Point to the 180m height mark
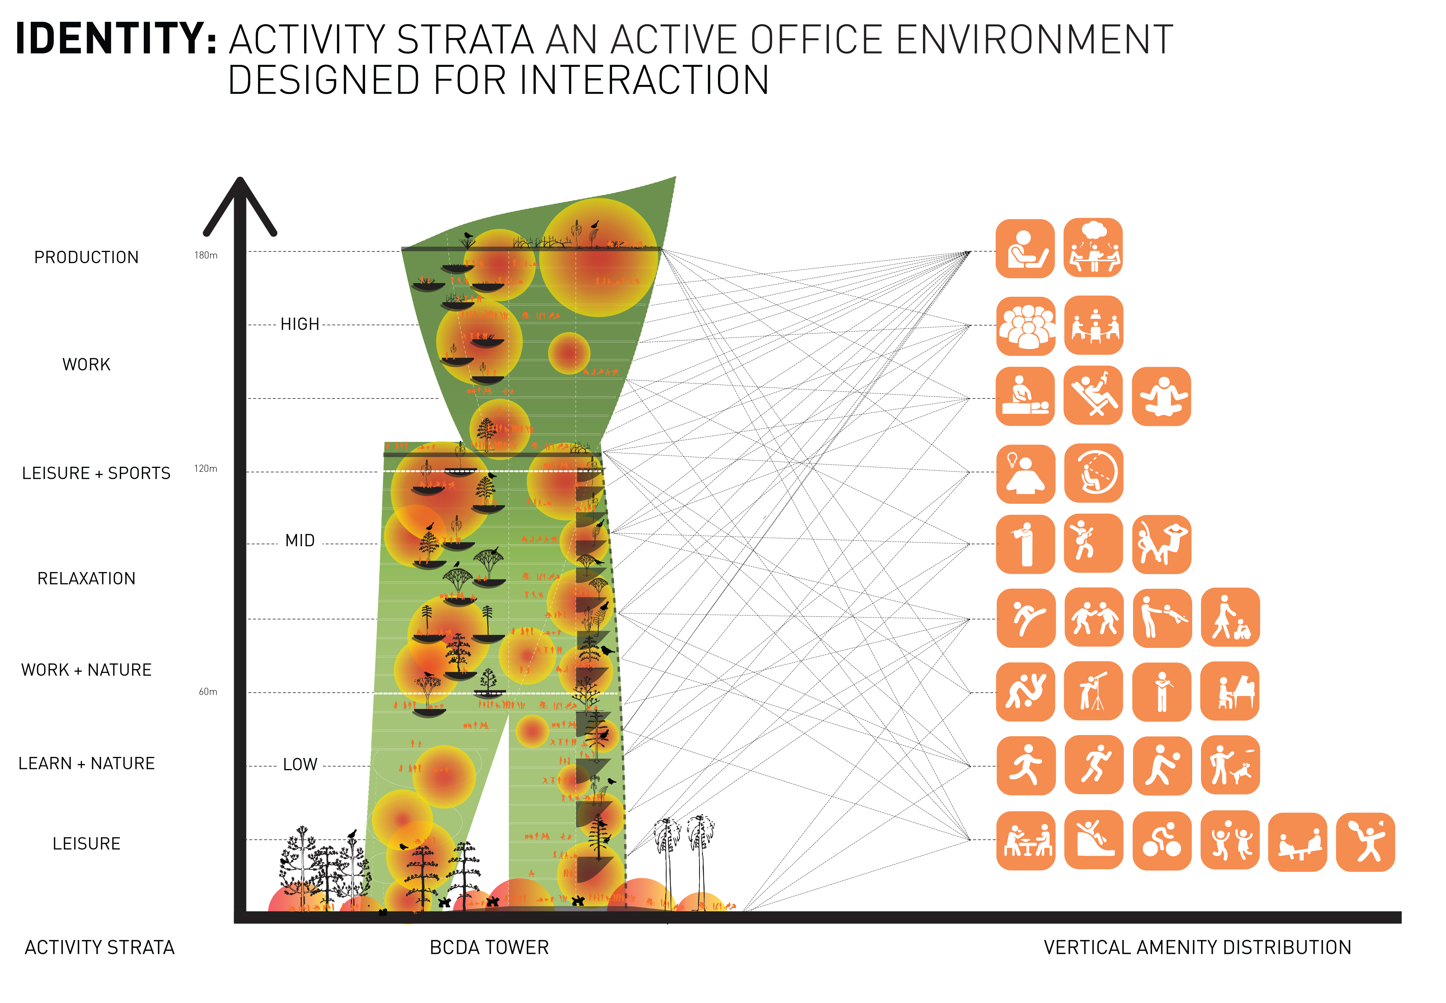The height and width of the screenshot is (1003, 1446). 206,255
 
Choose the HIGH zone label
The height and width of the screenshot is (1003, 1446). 300,324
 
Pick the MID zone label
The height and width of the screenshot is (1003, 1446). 300,540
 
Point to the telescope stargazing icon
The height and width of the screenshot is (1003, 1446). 1093,691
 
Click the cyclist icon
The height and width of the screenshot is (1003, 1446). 1161,841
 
